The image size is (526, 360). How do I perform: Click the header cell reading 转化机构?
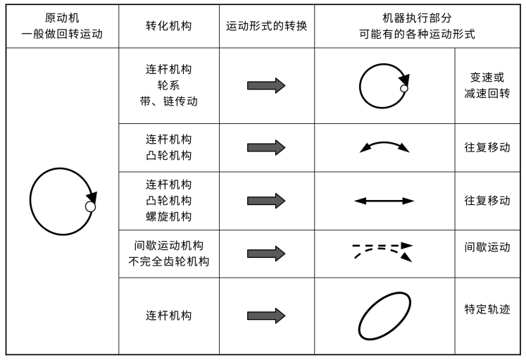click(x=168, y=26)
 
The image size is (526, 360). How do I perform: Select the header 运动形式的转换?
click(x=266, y=26)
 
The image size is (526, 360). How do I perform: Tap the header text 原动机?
click(x=61, y=18)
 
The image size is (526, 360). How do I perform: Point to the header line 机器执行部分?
click(x=419, y=18)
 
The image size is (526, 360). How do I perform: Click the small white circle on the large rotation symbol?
click(x=90, y=206)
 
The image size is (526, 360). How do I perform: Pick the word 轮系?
click(x=168, y=85)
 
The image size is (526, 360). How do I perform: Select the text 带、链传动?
click(x=168, y=101)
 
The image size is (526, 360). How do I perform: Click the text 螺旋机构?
click(x=168, y=216)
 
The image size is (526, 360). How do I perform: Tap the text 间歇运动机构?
click(x=168, y=246)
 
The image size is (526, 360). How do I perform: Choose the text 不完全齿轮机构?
click(x=168, y=261)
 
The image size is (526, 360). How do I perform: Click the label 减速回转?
click(x=489, y=94)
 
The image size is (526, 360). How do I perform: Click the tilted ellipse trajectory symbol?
click(x=384, y=316)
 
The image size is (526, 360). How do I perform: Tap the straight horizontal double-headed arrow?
click(x=384, y=201)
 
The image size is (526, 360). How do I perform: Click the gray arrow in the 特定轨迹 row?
click(x=266, y=316)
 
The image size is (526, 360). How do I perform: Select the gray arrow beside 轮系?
click(x=266, y=86)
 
